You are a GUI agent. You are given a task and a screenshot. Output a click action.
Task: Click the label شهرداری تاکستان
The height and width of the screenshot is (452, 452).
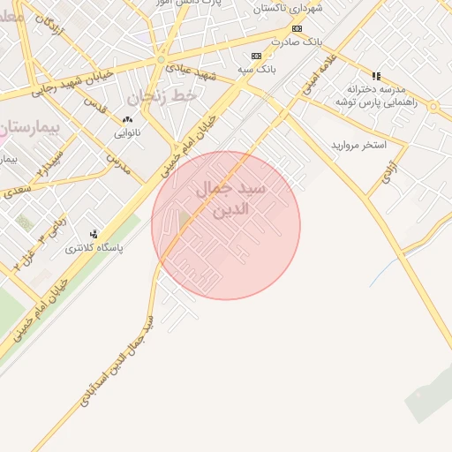pos(289,8)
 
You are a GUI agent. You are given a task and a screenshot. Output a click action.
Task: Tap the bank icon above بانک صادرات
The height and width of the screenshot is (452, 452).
pos(297,28)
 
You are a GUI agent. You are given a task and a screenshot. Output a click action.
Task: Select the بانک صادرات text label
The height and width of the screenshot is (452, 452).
pos(298,41)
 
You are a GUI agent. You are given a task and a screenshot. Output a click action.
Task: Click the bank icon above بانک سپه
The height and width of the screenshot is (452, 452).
pos(256,56)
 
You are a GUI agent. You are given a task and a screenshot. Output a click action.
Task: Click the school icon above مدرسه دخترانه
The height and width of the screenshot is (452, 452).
pos(377,76)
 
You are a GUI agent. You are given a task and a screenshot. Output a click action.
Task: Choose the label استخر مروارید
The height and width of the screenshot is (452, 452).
pos(359,144)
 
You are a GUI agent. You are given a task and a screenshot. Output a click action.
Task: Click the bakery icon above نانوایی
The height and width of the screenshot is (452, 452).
pos(127,120)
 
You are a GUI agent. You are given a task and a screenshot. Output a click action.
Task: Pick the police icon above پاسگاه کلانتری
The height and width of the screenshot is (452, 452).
pos(94,234)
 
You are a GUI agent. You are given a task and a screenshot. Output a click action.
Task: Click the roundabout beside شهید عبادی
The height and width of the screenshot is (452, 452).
pos(161,59)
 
